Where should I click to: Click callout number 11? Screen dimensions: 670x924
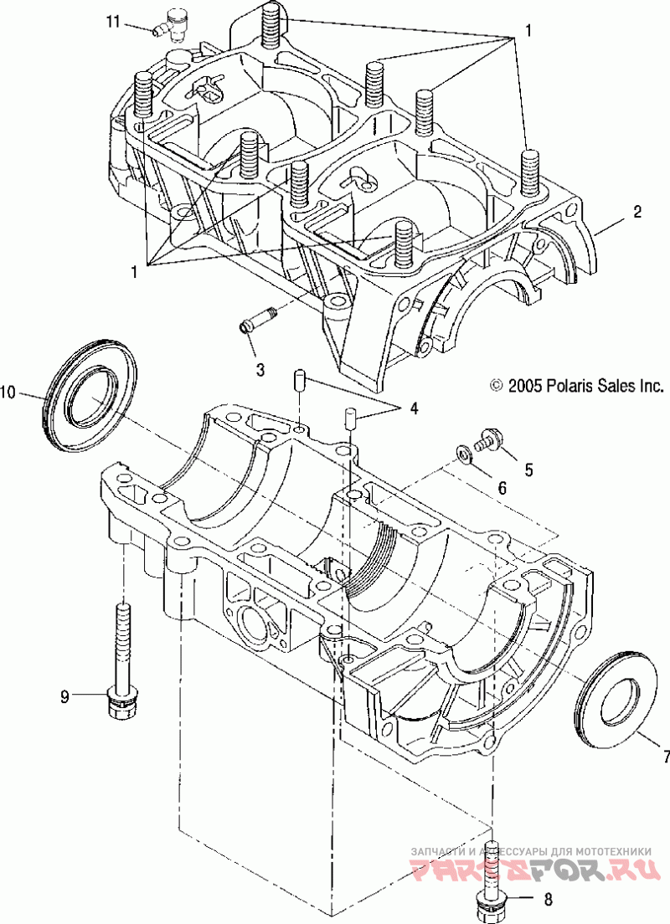(x=113, y=22)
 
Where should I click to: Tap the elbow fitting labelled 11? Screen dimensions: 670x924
(x=171, y=25)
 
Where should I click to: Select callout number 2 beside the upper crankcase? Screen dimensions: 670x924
(x=637, y=212)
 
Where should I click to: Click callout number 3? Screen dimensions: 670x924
(x=260, y=369)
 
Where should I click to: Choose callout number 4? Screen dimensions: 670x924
(x=414, y=408)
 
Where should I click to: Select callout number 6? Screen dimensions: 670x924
(x=502, y=487)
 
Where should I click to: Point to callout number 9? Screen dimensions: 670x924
(x=64, y=696)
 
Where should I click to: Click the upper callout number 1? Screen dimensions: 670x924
(x=528, y=29)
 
